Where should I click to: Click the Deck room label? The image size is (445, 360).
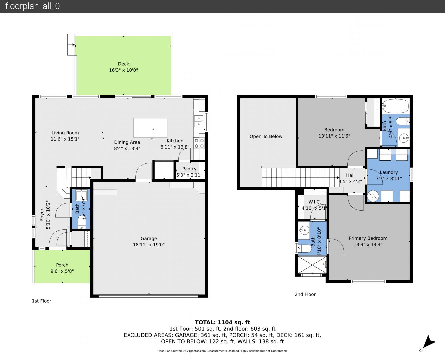123,64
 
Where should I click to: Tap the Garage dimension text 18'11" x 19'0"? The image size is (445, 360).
149,245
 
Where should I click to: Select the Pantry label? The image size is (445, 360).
189,169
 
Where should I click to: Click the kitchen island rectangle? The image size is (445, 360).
150,128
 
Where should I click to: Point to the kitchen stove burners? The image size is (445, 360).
199,143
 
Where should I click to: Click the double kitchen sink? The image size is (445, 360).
199,121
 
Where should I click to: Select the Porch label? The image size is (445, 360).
62,265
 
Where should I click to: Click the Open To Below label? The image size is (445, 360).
266,136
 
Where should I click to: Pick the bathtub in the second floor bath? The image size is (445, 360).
395,106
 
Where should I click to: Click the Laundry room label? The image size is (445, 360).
389,172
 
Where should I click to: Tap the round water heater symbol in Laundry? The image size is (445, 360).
373,196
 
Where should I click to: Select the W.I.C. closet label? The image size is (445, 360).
315,202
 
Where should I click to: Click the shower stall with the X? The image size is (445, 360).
312,265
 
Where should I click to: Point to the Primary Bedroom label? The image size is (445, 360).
368,238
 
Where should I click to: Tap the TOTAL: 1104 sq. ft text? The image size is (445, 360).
222,322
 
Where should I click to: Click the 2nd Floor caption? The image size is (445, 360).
305,294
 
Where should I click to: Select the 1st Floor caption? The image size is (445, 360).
42,301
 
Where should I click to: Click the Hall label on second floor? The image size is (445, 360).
350,175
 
